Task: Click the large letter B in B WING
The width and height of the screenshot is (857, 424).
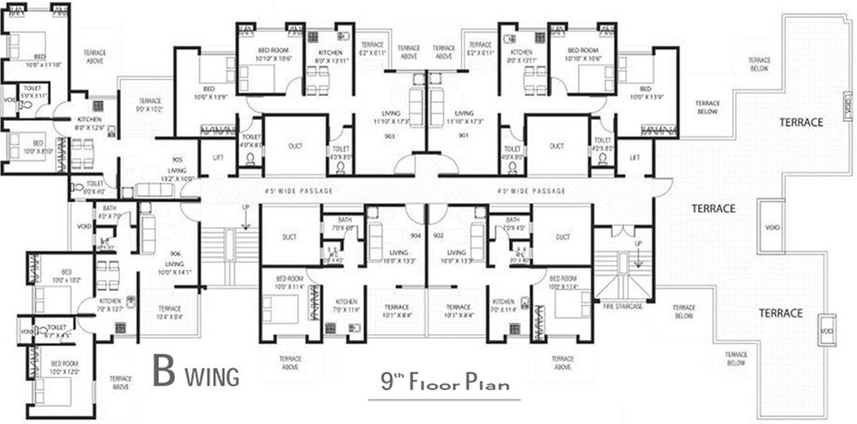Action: click(x=164, y=372)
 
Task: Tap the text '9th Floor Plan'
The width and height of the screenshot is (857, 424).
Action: click(x=445, y=383)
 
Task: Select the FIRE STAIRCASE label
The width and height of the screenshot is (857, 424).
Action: click(x=622, y=307)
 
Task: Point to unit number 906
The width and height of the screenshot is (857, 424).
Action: click(x=176, y=253)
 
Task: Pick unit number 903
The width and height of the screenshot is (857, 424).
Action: click(x=389, y=136)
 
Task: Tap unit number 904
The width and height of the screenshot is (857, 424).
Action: click(x=415, y=236)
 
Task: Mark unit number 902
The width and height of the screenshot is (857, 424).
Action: click(x=437, y=236)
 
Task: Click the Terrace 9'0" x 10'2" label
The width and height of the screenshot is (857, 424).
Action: click(x=150, y=105)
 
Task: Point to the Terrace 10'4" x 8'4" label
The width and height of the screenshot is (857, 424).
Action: click(x=169, y=312)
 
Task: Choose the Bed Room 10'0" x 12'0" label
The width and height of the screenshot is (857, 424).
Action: click(x=64, y=368)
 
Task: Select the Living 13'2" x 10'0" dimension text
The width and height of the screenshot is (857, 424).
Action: click(x=177, y=179)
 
